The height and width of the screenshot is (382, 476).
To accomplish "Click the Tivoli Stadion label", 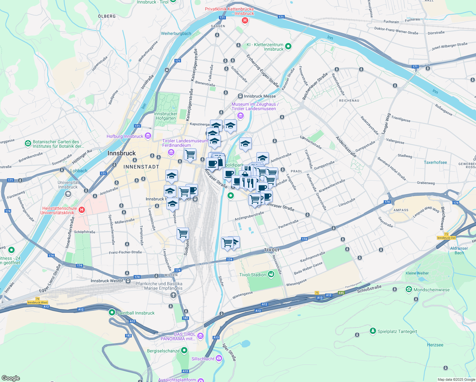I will click(252, 275).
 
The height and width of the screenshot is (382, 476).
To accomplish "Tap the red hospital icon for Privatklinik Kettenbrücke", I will click(245, 21).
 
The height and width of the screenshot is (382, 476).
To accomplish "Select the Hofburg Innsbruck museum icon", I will click(148, 136).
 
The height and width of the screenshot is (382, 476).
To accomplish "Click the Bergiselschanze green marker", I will click(184, 351).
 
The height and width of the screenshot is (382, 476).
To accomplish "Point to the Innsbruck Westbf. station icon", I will click(128, 281).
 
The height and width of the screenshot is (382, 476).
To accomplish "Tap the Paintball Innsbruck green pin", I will click(112, 313).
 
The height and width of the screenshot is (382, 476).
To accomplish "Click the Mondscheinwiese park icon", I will click(409, 289).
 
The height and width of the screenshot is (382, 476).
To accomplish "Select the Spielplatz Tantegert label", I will click(397, 331).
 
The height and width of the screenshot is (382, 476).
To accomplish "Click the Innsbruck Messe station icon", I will click(240, 96).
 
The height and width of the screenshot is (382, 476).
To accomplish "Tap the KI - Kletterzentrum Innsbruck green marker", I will click(288, 46).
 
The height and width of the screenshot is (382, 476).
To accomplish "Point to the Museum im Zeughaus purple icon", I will click(241, 116).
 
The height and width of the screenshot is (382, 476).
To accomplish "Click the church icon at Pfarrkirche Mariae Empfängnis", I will click(173, 295).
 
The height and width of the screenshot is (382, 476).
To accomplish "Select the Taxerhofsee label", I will click(435, 162).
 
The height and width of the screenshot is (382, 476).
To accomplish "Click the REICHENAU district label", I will click(349, 101).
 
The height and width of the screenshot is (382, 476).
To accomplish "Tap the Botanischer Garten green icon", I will click(28, 144).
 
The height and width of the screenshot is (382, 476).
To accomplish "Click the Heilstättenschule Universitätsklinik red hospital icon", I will click(82, 210).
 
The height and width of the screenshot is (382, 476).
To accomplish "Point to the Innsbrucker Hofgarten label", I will click(165, 116).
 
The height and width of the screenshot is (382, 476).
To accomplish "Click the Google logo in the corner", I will click(10, 378).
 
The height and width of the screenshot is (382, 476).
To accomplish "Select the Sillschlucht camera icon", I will click(219, 359).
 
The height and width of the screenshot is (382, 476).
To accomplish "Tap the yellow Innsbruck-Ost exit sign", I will click(446, 238).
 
